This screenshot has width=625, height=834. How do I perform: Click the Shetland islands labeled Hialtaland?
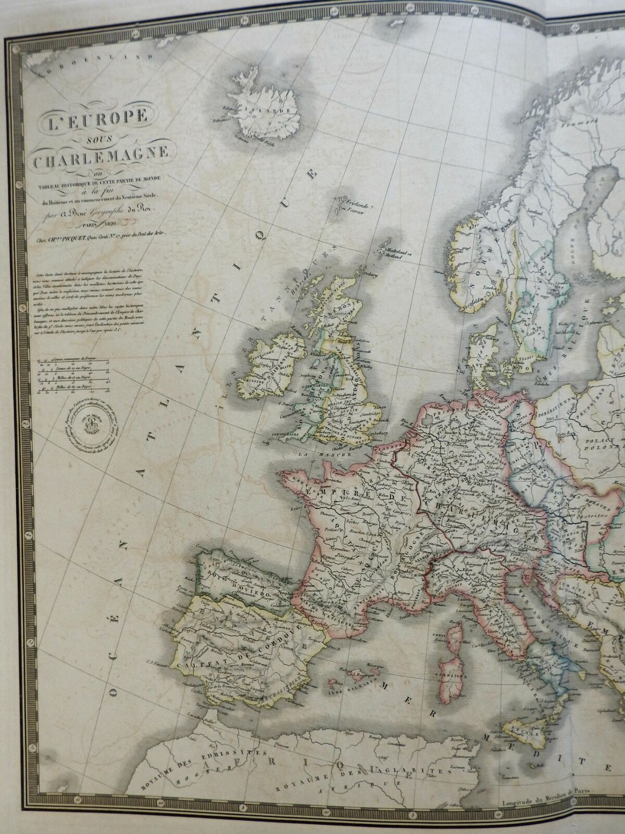392,252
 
